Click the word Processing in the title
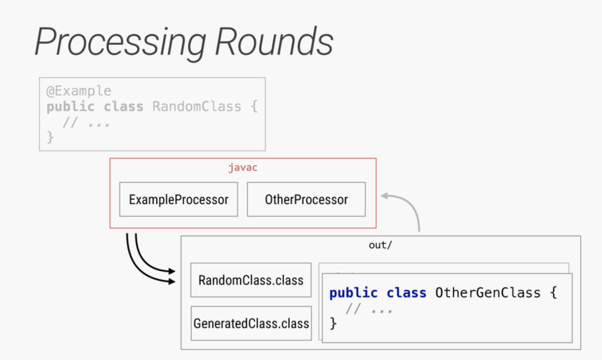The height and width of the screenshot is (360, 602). tap(120, 42)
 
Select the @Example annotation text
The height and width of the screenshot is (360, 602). tap(79, 90)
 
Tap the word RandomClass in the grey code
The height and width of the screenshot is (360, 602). tap(197, 106)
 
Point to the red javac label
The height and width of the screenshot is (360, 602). tap(243, 168)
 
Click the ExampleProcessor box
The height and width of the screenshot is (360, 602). tap(179, 200)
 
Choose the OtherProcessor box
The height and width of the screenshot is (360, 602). tap(306, 200)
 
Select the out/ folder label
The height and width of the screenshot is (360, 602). tap(380, 245)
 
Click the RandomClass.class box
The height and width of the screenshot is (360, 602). tap(251, 280)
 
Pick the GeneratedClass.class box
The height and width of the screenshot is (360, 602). tap(251, 323)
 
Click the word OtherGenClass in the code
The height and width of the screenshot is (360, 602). tap(488, 293)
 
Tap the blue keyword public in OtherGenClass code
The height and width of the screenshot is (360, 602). tap(353, 293)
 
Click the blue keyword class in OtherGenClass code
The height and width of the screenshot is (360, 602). tap(406, 293)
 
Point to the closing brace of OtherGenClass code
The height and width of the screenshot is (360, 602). tap(333, 323)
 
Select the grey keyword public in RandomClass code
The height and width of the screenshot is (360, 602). tap(70, 106)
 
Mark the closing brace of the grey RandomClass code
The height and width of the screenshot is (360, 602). tap(50, 137)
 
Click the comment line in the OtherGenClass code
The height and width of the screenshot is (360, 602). tap(369, 309)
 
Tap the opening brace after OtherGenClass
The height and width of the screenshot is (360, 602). tap(553, 293)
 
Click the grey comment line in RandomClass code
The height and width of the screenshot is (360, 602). tap(86, 122)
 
